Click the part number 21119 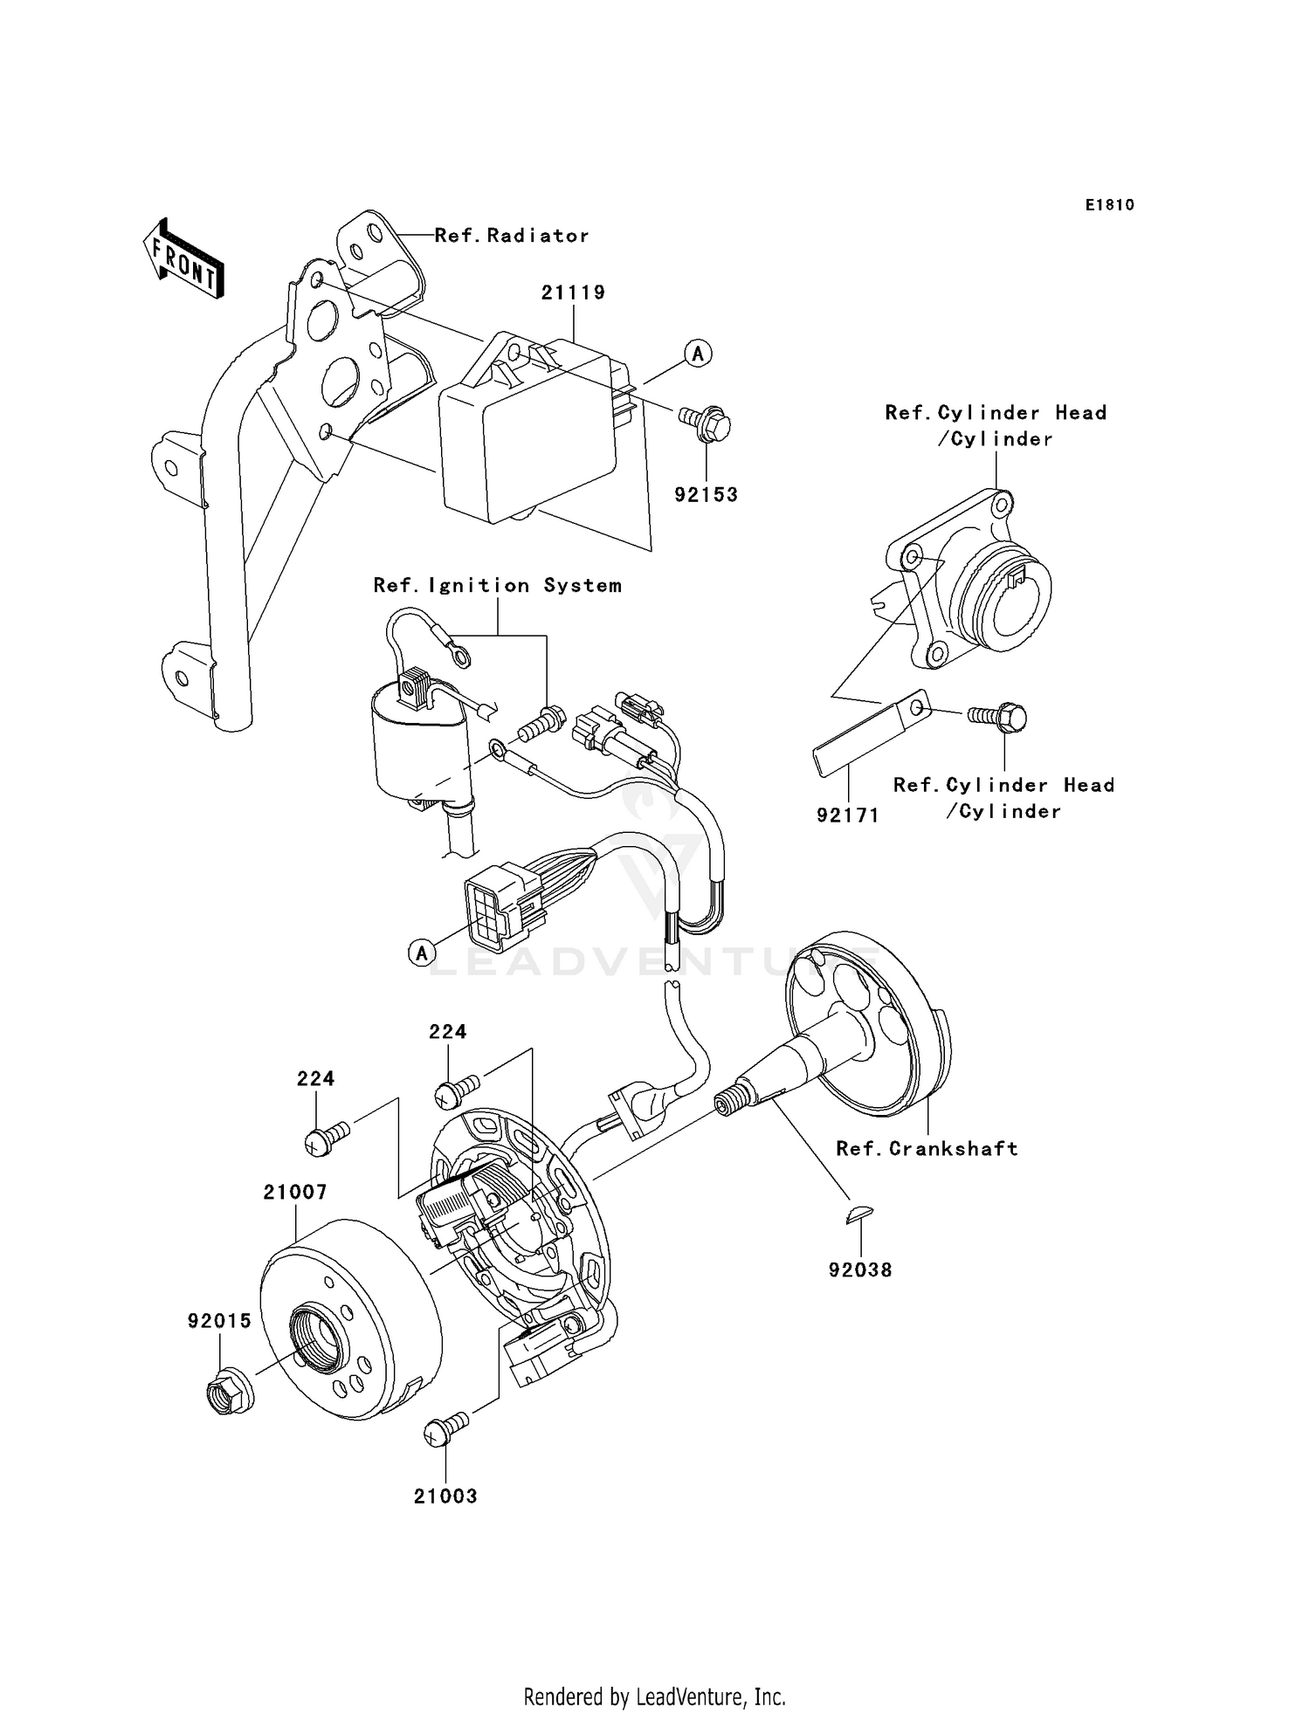click(573, 292)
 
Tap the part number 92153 click(706, 495)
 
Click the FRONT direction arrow click(184, 259)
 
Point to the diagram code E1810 click(1109, 205)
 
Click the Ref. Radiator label click(512, 236)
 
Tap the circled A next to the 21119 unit click(698, 354)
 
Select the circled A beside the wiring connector click(422, 953)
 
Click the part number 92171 click(847, 815)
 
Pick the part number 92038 click(860, 1270)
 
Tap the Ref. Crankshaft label click(927, 1149)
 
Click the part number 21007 click(295, 1193)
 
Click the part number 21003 click(445, 1496)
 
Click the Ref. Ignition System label click(497, 586)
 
